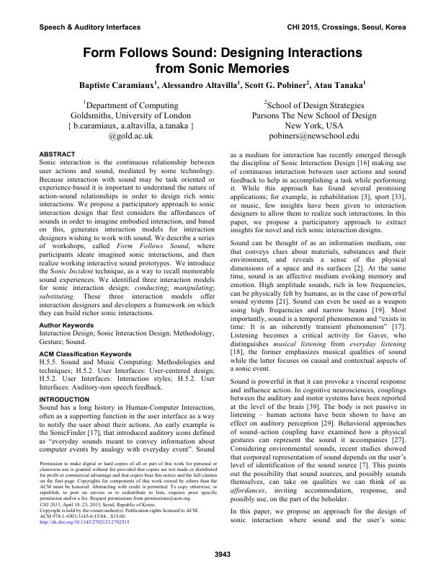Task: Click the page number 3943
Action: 223,554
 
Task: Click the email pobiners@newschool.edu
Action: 313,135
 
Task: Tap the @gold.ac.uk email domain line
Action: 131,135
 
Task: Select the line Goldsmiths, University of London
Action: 130,115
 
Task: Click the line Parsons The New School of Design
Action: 313,115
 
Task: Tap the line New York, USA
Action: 313,125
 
